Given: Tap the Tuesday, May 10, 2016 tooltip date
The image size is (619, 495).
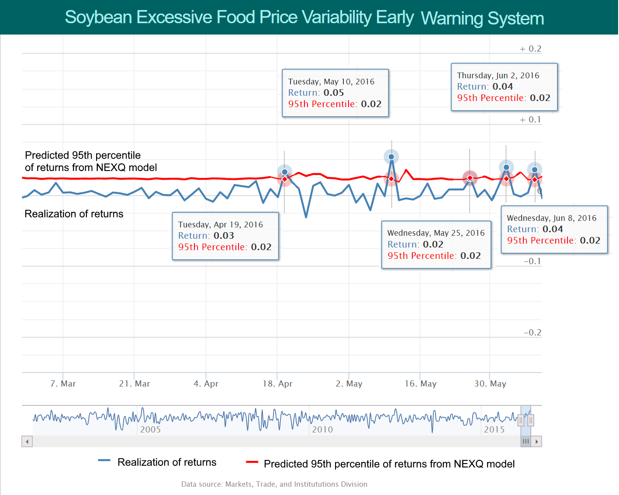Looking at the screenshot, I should (331, 82).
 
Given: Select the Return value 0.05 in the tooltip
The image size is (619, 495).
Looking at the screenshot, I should (334, 93).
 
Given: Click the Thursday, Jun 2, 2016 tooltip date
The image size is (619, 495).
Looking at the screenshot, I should (498, 76).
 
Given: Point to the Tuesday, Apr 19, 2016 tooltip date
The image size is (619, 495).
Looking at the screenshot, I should (221, 225).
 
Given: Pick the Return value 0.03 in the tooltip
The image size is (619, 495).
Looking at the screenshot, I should (224, 236).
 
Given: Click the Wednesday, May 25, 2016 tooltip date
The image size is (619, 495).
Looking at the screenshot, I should (436, 233).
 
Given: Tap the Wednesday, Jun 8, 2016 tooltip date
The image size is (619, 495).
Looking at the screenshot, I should (551, 218).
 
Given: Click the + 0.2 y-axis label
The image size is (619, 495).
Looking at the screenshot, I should (530, 49).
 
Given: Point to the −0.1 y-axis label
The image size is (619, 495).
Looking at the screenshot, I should (532, 261).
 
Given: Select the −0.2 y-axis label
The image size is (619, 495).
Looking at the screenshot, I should (532, 333).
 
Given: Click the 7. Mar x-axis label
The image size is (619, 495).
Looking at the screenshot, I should (63, 384).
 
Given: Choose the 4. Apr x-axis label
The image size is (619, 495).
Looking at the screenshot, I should (206, 384).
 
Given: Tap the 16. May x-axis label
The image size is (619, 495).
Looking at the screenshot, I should (420, 384).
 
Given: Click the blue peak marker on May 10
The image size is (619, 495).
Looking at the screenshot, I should (391, 157).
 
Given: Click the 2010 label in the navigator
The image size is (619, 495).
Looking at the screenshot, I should (322, 430).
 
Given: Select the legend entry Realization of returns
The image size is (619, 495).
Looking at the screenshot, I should (167, 462).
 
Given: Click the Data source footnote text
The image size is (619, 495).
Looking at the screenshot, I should (274, 484).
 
